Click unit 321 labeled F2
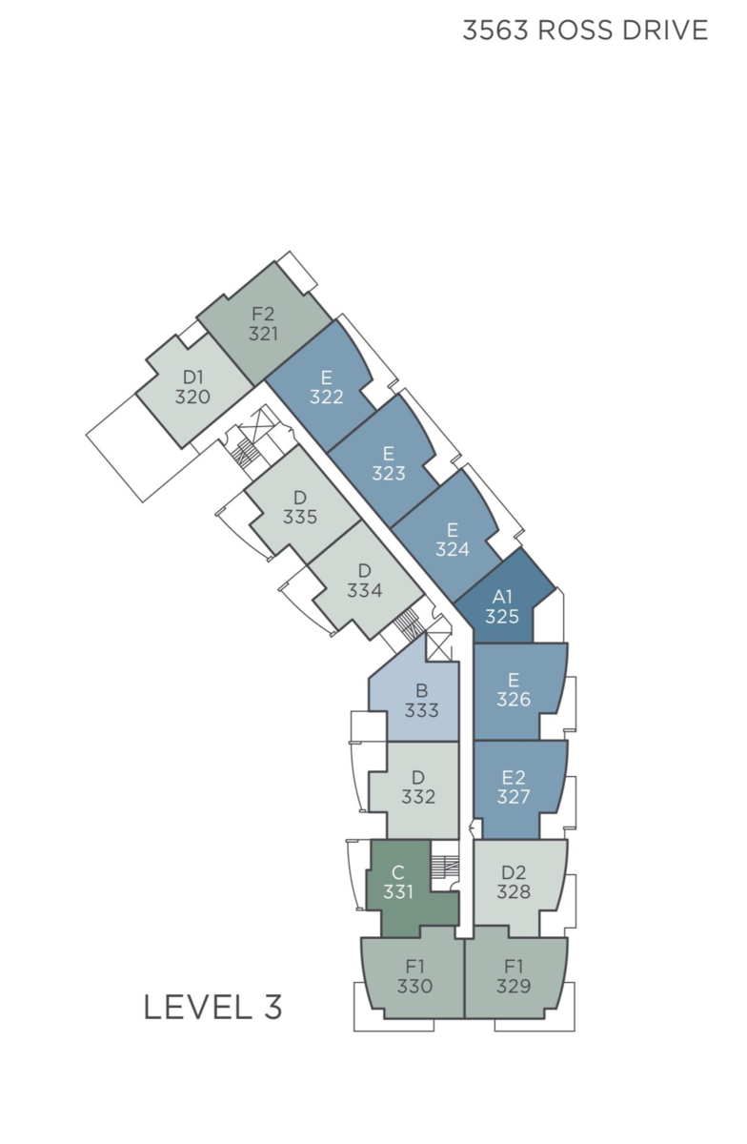264,324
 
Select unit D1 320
193,387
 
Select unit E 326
515,690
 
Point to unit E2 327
515,788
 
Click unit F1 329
515,976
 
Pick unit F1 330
414,976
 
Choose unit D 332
418,788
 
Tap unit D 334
366,582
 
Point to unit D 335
301,508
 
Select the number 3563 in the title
495,31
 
